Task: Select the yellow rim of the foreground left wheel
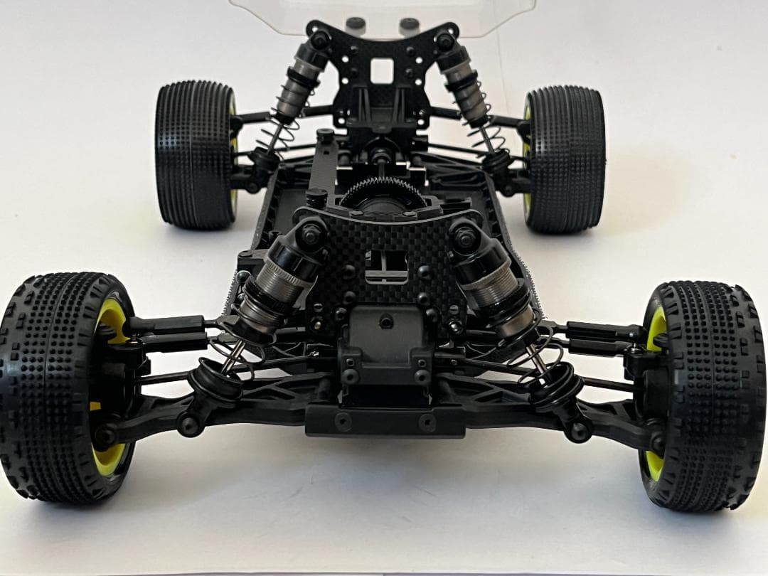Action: coord(108,455)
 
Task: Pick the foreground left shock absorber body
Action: coord(281,284)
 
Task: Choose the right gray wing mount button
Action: coord(408,25)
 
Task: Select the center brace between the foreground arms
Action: coord(385,420)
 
